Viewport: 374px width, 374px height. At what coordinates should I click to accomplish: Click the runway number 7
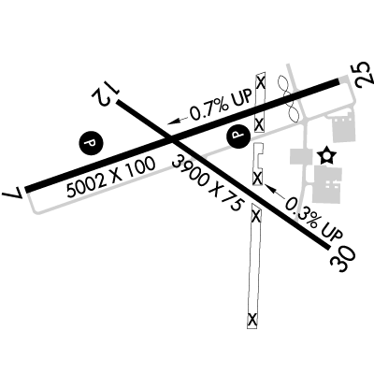13,194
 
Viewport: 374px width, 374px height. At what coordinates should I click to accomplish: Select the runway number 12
105,93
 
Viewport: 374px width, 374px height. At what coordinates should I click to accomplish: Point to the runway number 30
343,259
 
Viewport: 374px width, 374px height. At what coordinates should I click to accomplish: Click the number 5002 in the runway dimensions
85,186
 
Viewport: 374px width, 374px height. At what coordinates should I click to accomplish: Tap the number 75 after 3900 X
231,207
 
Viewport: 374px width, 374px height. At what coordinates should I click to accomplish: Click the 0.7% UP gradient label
221,105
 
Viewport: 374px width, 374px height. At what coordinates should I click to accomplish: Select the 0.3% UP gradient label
314,219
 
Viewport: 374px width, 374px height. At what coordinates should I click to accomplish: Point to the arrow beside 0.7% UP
179,121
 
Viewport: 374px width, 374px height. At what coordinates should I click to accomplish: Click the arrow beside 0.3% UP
274,191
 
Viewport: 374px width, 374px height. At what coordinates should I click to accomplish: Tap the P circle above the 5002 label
91,143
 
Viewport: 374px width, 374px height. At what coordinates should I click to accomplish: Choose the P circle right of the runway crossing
238,135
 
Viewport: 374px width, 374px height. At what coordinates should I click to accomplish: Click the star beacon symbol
327,155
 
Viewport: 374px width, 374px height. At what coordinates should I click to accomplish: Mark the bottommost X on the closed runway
252,319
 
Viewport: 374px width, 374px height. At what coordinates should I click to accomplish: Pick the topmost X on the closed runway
261,83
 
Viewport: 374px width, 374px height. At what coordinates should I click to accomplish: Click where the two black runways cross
172,140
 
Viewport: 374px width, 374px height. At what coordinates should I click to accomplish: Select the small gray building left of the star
301,156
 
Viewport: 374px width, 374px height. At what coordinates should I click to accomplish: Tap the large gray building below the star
327,185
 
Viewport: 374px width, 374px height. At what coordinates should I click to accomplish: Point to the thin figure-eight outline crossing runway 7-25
289,98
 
